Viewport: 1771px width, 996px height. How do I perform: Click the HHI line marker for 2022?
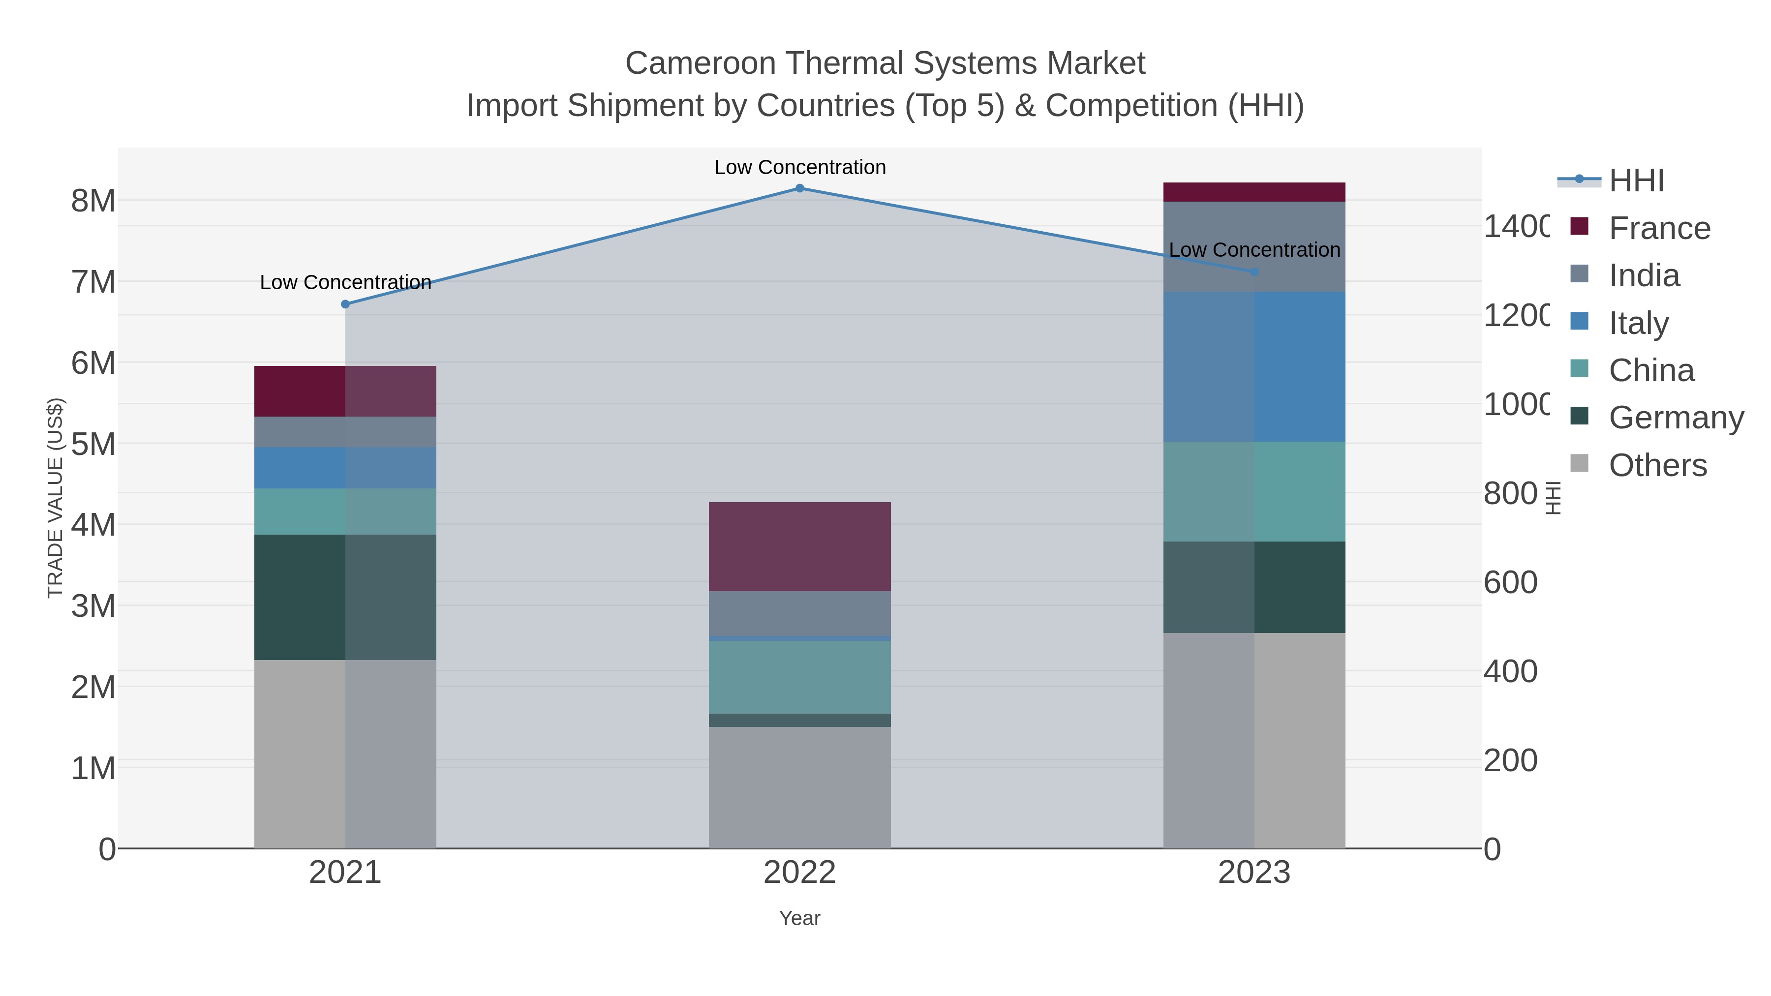click(799, 188)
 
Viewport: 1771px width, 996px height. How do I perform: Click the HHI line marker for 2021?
click(345, 304)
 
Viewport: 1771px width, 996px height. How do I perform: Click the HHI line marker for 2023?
click(1254, 272)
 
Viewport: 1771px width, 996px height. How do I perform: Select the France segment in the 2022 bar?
click(799, 546)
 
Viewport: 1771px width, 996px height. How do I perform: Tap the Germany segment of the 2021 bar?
click(345, 597)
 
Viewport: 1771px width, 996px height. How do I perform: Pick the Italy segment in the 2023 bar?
click(1254, 366)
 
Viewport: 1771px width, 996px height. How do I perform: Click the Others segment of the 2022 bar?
click(799, 787)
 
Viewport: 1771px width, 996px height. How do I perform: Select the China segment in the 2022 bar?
click(799, 677)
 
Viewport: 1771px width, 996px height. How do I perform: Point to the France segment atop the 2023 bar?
click(1254, 192)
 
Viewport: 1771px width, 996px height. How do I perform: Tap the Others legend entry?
click(1657, 465)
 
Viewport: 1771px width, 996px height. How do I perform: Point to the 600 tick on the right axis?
click(1510, 582)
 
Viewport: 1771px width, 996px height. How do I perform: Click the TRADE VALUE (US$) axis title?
click(55, 498)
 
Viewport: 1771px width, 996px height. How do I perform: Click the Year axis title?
click(799, 918)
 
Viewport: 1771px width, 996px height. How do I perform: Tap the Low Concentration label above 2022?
click(799, 167)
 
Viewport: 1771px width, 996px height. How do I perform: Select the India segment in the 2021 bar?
click(345, 432)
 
